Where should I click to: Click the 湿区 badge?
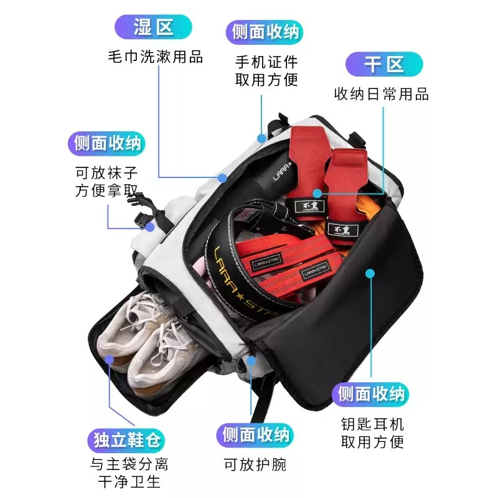coord(153,27)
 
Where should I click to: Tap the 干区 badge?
coord(384,64)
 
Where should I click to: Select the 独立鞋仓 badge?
coord(126,441)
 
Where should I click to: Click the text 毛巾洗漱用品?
coord(156,57)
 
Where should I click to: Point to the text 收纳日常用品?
coord(382,95)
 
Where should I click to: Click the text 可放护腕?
coord(255,464)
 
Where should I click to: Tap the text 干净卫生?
coord(129,482)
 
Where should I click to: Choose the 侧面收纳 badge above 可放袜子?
coord(107,143)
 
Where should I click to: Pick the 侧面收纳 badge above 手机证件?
coord(265,32)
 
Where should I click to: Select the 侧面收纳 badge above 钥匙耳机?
coord(370,395)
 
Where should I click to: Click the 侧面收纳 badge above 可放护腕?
coord(255,435)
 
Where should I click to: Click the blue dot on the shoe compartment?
coord(110,360)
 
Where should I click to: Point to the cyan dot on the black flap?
coord(370,273)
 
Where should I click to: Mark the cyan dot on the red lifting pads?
coord(317,194)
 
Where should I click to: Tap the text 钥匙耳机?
coord(372,424)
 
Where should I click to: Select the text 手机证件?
coord(266,62)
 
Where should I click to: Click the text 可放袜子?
coord(106,173)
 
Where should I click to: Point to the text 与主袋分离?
coord(129,464)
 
